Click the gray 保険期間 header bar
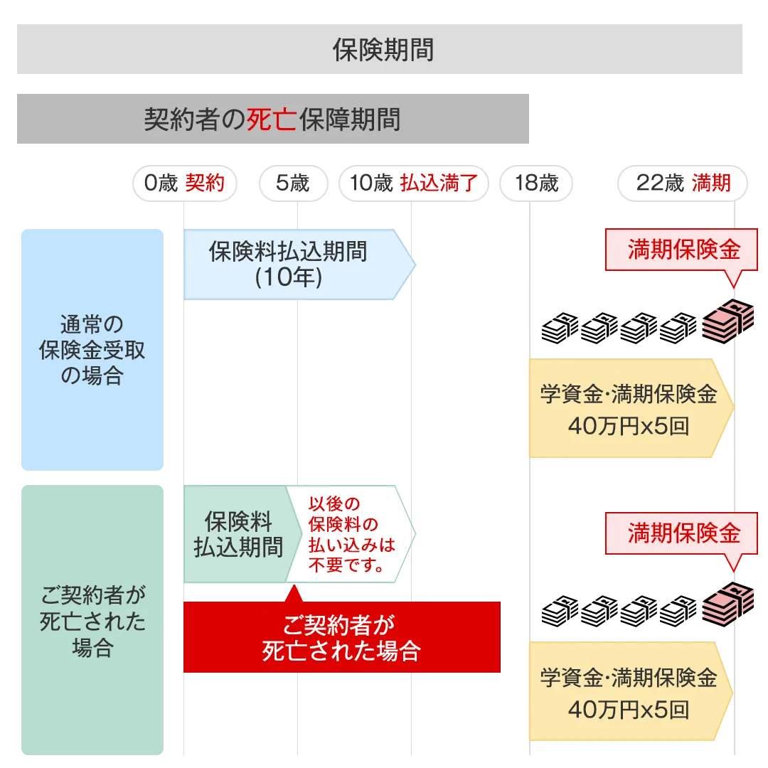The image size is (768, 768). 381,49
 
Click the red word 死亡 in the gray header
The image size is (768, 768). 271,119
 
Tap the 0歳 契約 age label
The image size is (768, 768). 184,183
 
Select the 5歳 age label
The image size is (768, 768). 292,183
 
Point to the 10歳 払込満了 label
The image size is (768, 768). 412,183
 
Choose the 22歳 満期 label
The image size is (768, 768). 683,183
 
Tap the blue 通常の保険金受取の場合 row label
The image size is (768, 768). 91,350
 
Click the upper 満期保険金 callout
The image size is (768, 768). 683,250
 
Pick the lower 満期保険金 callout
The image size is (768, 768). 683,533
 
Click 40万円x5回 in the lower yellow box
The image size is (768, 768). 628,709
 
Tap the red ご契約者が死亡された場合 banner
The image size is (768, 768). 341,637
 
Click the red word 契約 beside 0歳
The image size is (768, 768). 205,183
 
